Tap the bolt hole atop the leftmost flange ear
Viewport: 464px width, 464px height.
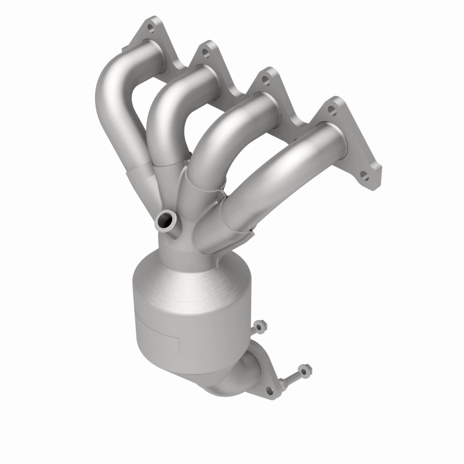tap(150, 26)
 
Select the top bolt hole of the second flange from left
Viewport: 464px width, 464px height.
tap(205, 52)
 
